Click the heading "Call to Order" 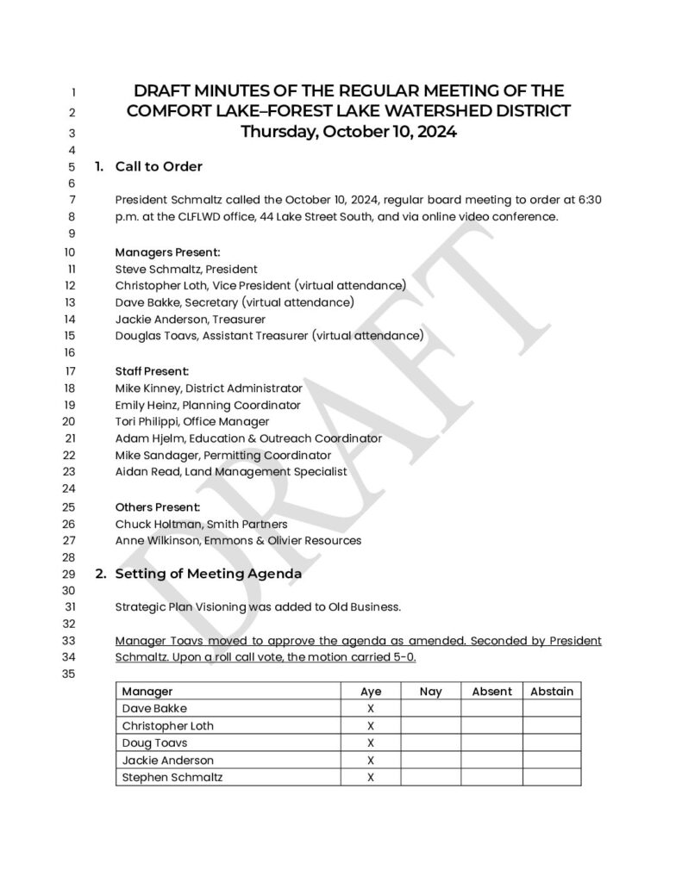point(159,166)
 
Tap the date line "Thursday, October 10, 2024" point(348,133)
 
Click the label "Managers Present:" point(168,252)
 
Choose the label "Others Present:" point(159,506)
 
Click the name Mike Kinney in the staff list point(146,388)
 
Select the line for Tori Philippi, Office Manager point(192,421)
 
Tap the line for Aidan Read point(231,471)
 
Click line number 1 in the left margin point(73,92)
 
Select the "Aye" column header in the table point(371,691)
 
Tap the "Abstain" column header point(552,691)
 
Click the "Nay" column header point(430,691)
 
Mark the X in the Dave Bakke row point(371,708)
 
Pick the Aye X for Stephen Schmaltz point(371,777)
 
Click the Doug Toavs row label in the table point(155,742)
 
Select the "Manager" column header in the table point(147,691)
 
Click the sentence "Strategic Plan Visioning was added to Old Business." point(258,606)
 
